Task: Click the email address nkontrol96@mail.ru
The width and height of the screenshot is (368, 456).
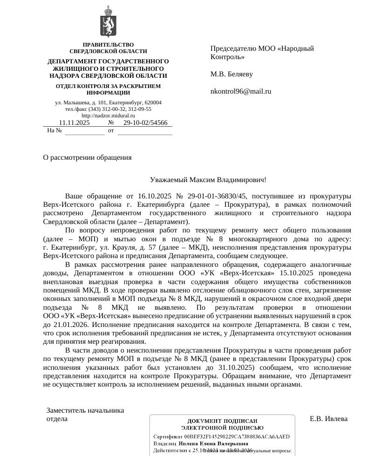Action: click(241, 91)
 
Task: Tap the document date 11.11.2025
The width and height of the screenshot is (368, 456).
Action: click(74, 123)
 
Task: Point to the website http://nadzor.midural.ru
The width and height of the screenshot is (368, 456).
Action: click(108, 116)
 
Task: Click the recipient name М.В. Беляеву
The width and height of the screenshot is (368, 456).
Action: click(232, 74)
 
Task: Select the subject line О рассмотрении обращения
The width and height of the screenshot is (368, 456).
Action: click(87, 157)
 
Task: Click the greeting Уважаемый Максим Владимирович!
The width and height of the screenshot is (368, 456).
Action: click(208, 180)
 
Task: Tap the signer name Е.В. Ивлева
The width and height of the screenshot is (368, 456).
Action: click(328, 419)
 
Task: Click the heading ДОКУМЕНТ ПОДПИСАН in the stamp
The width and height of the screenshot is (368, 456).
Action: click(222, 421)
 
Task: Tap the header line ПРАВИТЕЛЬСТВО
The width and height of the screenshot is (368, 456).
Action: click(108, 45)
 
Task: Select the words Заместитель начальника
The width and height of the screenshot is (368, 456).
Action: click(85, 410)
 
